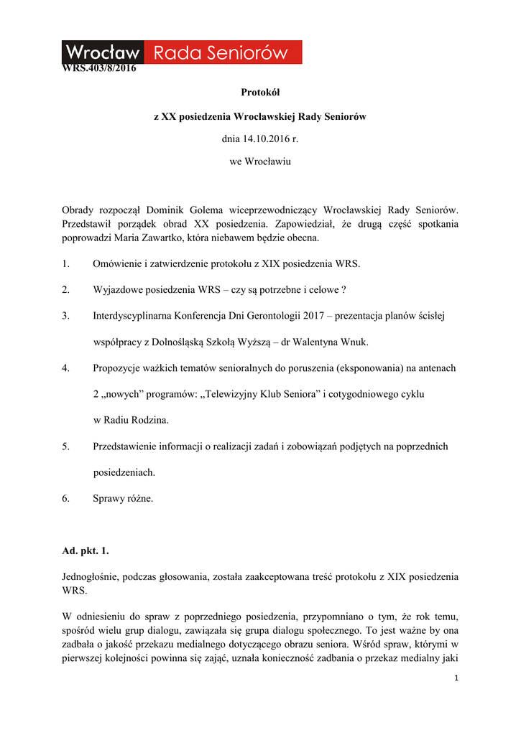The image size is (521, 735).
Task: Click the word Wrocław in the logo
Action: click(103, 52)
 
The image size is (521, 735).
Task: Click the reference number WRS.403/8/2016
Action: click(98, 69)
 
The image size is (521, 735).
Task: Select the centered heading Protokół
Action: click(260, 93)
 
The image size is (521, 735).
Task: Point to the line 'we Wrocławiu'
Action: click(260, 161)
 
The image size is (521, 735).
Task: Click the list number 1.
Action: click(65, 263)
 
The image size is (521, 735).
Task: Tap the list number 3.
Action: click(65, 315)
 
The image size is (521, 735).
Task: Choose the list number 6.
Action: click(65, 498)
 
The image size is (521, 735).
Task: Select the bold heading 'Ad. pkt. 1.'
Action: click(86, 551)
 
